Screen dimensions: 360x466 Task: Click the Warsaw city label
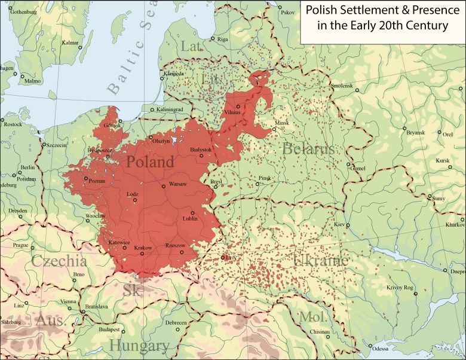(x=177, y=184)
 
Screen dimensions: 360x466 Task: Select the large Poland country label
(x=149, y=161)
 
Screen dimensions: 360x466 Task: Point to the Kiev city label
(x=339, y=225)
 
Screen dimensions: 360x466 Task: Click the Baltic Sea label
(x=128, y=59)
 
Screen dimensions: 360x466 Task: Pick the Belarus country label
(x=308, y=149)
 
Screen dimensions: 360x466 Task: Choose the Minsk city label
(x=281, y=123)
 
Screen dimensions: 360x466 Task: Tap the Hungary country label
(x=139, y=346)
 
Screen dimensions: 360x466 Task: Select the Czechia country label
(x=59, y=261)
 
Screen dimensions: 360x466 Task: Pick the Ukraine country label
(x=321, y=260)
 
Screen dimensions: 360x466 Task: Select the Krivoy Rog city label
(x=400, y=288)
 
